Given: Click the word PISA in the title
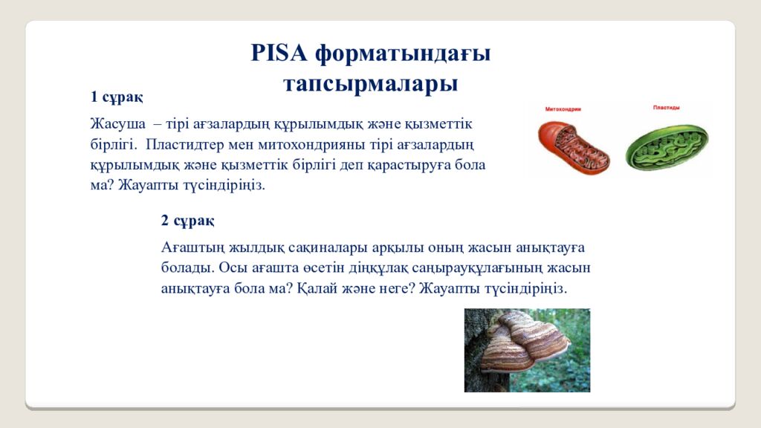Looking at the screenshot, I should [x=279, y=53].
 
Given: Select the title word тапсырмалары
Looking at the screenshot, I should [x=370, y=84].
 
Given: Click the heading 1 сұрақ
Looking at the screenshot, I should [x=117, y=97].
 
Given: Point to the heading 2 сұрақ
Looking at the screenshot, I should [x=187, y=220].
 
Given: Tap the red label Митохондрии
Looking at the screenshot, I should [x=563, y=109].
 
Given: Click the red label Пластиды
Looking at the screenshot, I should [x=666, y=108].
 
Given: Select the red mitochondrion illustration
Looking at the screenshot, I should [x=573, y=145].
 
